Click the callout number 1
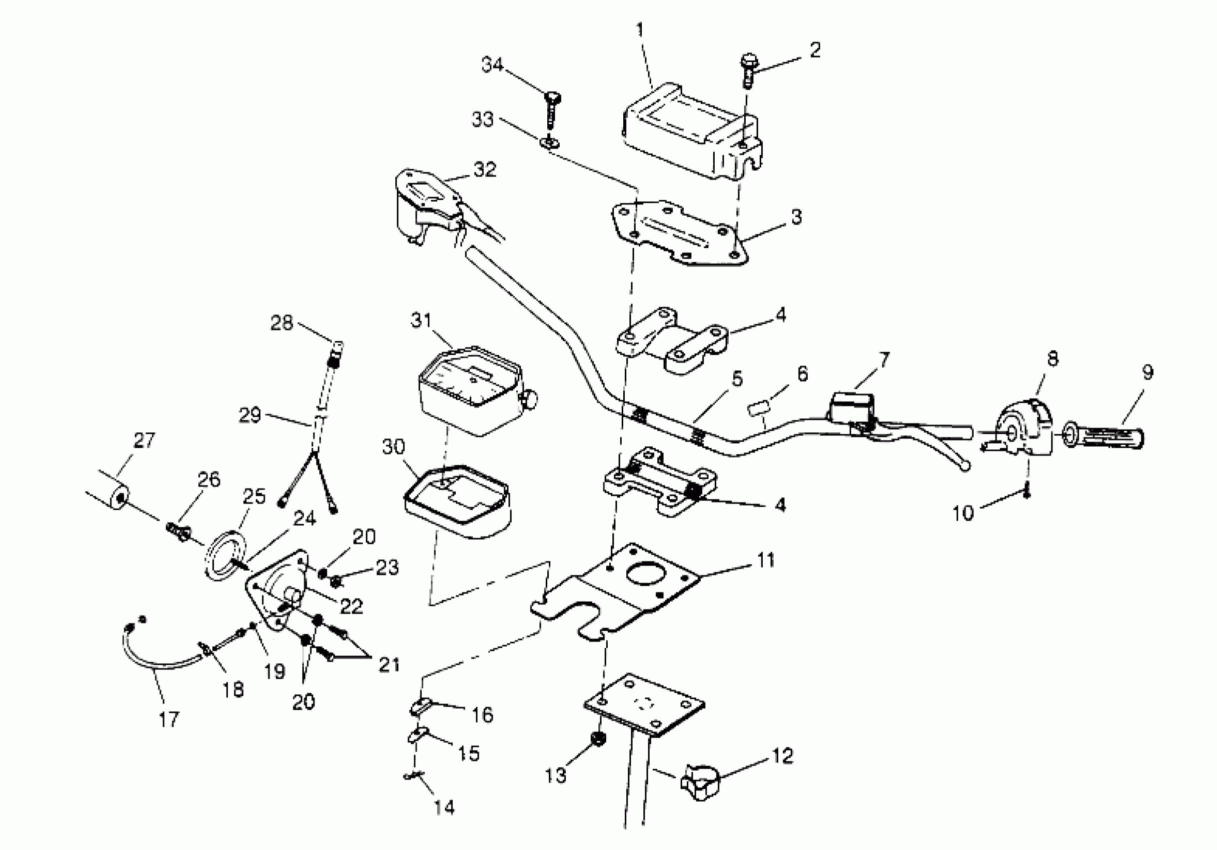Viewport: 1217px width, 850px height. point(640,29)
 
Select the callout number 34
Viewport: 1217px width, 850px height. point(492,64)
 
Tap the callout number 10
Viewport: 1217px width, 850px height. point(963,513)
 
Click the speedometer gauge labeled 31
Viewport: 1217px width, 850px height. point(469,392)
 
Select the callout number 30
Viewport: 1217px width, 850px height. point(393,447)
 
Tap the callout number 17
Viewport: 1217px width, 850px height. point(169,719)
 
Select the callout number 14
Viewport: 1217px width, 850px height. point(444,808)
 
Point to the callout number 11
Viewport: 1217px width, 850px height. point(765,559)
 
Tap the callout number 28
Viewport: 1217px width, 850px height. point(281,322)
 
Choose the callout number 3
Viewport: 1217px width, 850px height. point(796,217)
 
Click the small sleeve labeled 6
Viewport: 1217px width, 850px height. point(758,409)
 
